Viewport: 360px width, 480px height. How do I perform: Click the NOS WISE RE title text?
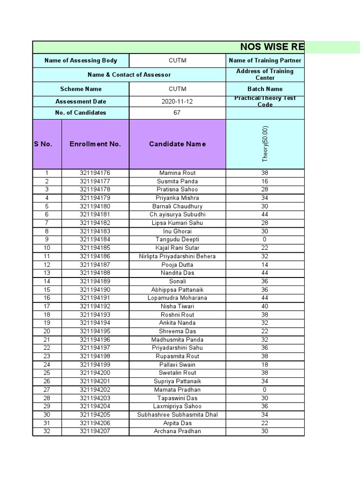(x=272, y=47)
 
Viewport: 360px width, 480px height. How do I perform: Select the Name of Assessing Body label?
(x=81, y=60)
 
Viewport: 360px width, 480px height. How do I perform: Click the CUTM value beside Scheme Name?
(x=177, y=89)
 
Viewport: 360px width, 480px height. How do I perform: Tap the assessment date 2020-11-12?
(x=177, y=101)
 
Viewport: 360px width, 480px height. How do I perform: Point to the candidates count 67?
(x=177, y=112)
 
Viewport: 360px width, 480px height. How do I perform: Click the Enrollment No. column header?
(x=95, y=144)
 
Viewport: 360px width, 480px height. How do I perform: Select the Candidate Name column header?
(x=177, y=144)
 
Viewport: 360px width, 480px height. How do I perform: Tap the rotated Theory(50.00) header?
(x=265, y=144)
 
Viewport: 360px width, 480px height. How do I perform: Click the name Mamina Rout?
(x=177, y=173)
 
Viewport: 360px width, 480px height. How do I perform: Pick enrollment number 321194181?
(x=95, y=215)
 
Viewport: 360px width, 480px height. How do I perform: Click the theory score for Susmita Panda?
(x=265, y=181)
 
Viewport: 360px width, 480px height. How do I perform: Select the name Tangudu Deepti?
(x=177, y=240)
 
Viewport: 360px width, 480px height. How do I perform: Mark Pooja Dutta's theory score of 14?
(x=265, y=265)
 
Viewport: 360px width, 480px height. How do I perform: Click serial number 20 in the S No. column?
(x=47, y=331)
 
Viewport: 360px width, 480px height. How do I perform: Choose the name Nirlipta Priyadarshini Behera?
(x=177, y=256)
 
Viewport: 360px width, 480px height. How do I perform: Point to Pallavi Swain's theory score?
(x=265, y=365)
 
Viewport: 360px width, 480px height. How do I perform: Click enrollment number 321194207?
(x=95, y=431)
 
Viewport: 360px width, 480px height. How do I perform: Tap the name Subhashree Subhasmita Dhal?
(x=177, y=415)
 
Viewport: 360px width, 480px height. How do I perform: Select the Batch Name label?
(x=265, y=89)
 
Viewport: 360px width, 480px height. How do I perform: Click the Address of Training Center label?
(x=265, y=75)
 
